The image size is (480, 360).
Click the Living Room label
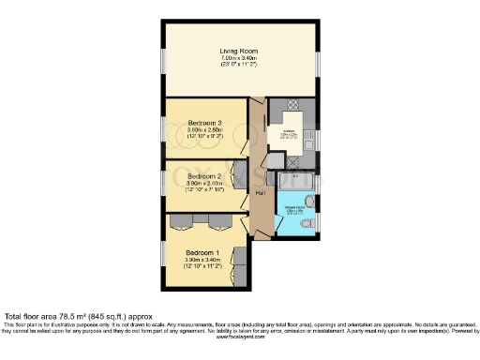tap(239, 51)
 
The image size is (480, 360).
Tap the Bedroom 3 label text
tap(204, 123)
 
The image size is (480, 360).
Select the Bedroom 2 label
tap(203, 175)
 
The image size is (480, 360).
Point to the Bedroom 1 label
tap(203, 252)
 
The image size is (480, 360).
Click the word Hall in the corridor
tap(260, 191)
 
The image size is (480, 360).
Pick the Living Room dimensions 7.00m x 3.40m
tap(239, 58)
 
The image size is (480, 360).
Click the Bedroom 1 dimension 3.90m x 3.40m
tap(203, 260)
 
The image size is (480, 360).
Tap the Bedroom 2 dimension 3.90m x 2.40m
tap(203, 183)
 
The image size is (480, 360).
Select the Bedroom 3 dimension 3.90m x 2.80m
tap(204, 130)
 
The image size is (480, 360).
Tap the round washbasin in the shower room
tap(310, 202)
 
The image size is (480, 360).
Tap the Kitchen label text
tap(290, 132)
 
